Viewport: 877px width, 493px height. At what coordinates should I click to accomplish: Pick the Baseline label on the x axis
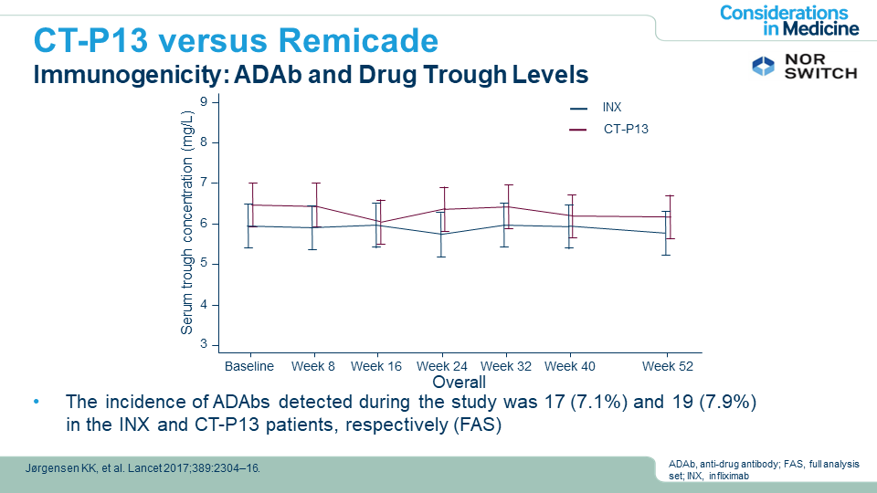point(249,366)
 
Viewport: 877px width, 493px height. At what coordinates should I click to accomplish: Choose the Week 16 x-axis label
point(376,366)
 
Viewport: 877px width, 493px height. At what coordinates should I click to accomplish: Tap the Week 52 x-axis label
point(667,366)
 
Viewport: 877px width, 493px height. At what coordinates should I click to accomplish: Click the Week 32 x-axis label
point(506,366)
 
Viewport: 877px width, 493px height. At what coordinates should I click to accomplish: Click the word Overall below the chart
point(459,382)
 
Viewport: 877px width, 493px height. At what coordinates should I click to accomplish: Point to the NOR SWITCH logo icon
point(762,66)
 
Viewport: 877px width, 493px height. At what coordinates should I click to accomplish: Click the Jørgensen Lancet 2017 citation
point(141,468)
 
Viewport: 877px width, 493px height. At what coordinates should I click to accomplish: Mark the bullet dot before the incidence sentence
point(37,403)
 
